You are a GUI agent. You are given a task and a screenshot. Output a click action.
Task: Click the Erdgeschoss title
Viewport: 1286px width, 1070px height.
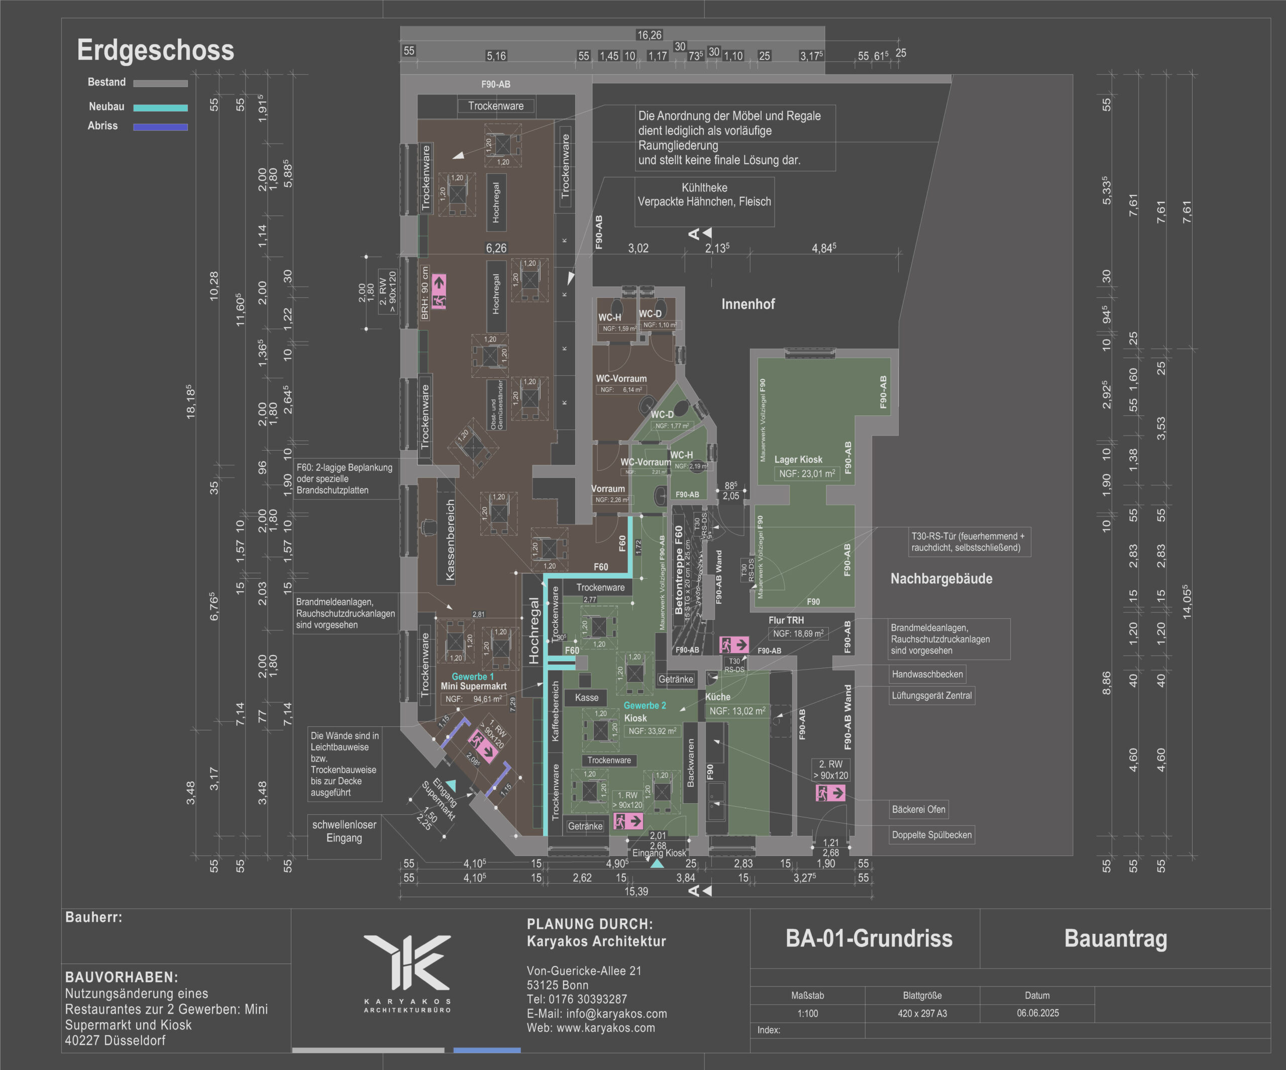pos(156,50)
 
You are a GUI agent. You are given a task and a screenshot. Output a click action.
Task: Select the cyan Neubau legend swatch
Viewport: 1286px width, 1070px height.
pos(160,108)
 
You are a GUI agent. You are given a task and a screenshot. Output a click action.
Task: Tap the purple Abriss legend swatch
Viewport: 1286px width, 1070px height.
pos(160,128)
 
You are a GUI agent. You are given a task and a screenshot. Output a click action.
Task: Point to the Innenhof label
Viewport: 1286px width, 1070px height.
pos(747,304)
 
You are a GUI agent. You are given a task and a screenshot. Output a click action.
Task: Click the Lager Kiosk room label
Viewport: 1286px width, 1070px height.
pos(798,459)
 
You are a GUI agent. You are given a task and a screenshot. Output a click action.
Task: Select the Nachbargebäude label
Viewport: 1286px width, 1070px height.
pos(941,579)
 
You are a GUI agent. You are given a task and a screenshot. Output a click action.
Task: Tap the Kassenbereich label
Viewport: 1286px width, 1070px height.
pos(450,540)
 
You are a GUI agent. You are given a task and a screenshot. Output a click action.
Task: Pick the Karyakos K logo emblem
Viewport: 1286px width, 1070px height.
pos(407,961)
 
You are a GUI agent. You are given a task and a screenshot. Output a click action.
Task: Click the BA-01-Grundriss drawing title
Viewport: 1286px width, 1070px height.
pos(869,938)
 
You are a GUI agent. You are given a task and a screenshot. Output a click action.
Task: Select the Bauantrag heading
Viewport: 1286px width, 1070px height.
pos(1115,938)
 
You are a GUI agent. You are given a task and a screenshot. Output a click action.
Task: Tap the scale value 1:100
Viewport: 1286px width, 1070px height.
pos(807,1014)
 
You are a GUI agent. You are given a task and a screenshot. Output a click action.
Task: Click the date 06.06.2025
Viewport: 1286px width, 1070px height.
pos(1037,1013)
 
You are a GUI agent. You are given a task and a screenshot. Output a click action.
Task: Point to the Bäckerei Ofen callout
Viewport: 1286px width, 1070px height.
pos(919,809)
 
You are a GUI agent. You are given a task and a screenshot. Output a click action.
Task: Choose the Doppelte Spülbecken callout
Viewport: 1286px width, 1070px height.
pos(931,835)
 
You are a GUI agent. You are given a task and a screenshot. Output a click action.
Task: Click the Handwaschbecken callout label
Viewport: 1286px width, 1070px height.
pos(927,674)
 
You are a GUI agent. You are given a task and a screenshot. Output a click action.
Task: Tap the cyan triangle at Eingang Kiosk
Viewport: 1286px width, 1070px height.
pos(657,864)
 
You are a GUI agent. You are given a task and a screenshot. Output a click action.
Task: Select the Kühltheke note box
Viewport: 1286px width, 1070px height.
pos(704,195)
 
